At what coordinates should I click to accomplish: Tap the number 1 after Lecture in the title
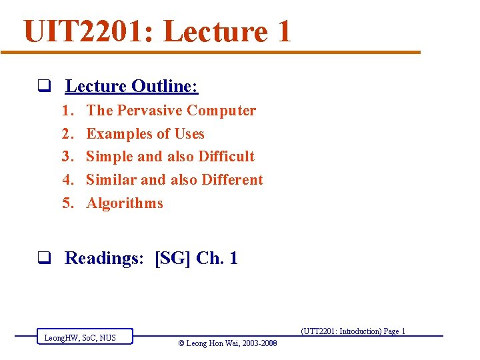coord(282,31)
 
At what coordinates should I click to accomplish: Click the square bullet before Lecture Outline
coord(45,87)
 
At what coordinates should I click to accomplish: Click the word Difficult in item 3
coord(227,157)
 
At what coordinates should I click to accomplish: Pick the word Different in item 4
coord(232,180)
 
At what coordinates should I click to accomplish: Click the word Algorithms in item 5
coord(125,203)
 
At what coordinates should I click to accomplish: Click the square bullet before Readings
coord(45,259)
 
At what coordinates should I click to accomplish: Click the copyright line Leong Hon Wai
coord(227,343)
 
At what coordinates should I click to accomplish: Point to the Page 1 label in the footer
coord(393,331)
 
